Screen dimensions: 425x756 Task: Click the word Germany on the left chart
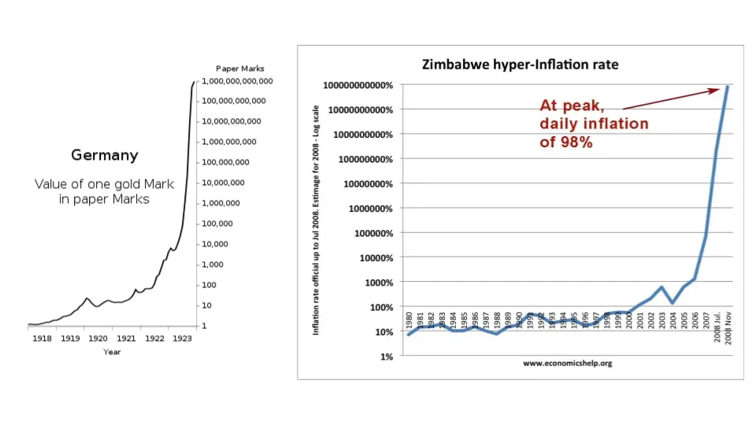[105, 155]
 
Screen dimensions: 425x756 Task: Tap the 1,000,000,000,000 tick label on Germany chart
[238, 81]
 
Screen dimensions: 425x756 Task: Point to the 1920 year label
[98, 339]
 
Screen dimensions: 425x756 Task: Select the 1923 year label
[182, 339]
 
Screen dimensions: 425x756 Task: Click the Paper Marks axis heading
[239, 68]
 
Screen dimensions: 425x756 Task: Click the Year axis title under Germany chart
[112, 352]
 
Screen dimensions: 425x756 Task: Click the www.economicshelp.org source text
[567, 364]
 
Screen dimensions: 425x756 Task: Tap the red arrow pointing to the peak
[670, 98]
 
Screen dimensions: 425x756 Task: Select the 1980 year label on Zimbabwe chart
[409, 321]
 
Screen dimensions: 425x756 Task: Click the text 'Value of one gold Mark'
[104, 184]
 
